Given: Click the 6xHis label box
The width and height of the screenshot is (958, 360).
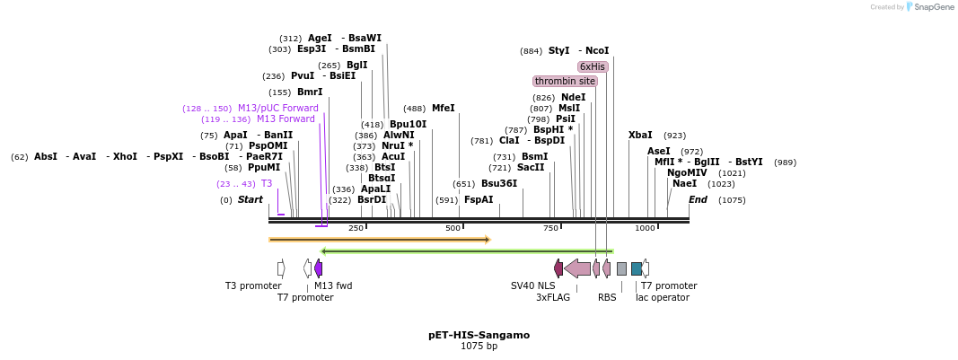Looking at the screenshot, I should pyautogui.click(x=593, y=66).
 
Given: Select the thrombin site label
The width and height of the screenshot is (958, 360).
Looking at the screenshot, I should pyautogui.click(x=566, y=81).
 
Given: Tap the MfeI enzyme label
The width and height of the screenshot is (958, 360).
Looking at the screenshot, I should pyautogui.click(x=444, y=109).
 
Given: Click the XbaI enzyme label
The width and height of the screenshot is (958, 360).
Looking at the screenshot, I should pyautogui.click(x=640, y=136).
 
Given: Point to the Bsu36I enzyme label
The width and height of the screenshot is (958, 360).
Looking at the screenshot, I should pyautogui.click(x=499, y=184).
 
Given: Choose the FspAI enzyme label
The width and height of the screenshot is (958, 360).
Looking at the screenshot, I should pyautogui.click(x=479, y=200).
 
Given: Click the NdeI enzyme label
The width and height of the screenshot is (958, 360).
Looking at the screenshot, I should pyautogui.click(x=573, y=98).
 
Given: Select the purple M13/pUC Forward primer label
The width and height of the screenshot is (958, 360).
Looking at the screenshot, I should pyautogui.click(x=277, y=109).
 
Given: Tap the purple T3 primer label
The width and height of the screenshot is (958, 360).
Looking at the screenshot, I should pyautogui.click(x=267, y=184).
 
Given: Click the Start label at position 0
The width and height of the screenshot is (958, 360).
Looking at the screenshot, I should pyautogui.click(x=250, y=200).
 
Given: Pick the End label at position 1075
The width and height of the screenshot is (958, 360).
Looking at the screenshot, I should pyautogui.click(x=698, y=200).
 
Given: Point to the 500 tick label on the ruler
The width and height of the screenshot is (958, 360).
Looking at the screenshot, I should pyautogui.click(x=453, y=229).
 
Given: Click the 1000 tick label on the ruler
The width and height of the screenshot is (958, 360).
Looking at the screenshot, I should pyautogui.click(x=645, y=229).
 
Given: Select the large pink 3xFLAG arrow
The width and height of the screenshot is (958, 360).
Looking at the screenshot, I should pyautogui.click(x=577, y=268).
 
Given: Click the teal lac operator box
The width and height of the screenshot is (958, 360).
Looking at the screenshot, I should pyautogui.click(x=637, y=268).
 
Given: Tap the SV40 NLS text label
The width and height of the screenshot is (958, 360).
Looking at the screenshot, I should pyautogui.click(x=535, y=286).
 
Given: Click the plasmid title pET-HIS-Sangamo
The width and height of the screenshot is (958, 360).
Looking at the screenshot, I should pyautogui.click(x=479, y=335).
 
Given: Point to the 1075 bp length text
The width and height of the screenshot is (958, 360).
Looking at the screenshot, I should pyautogui.click(x=479, y=347).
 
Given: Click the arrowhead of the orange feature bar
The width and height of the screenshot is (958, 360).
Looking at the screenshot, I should pyautogui.click(x=488, y=240).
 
